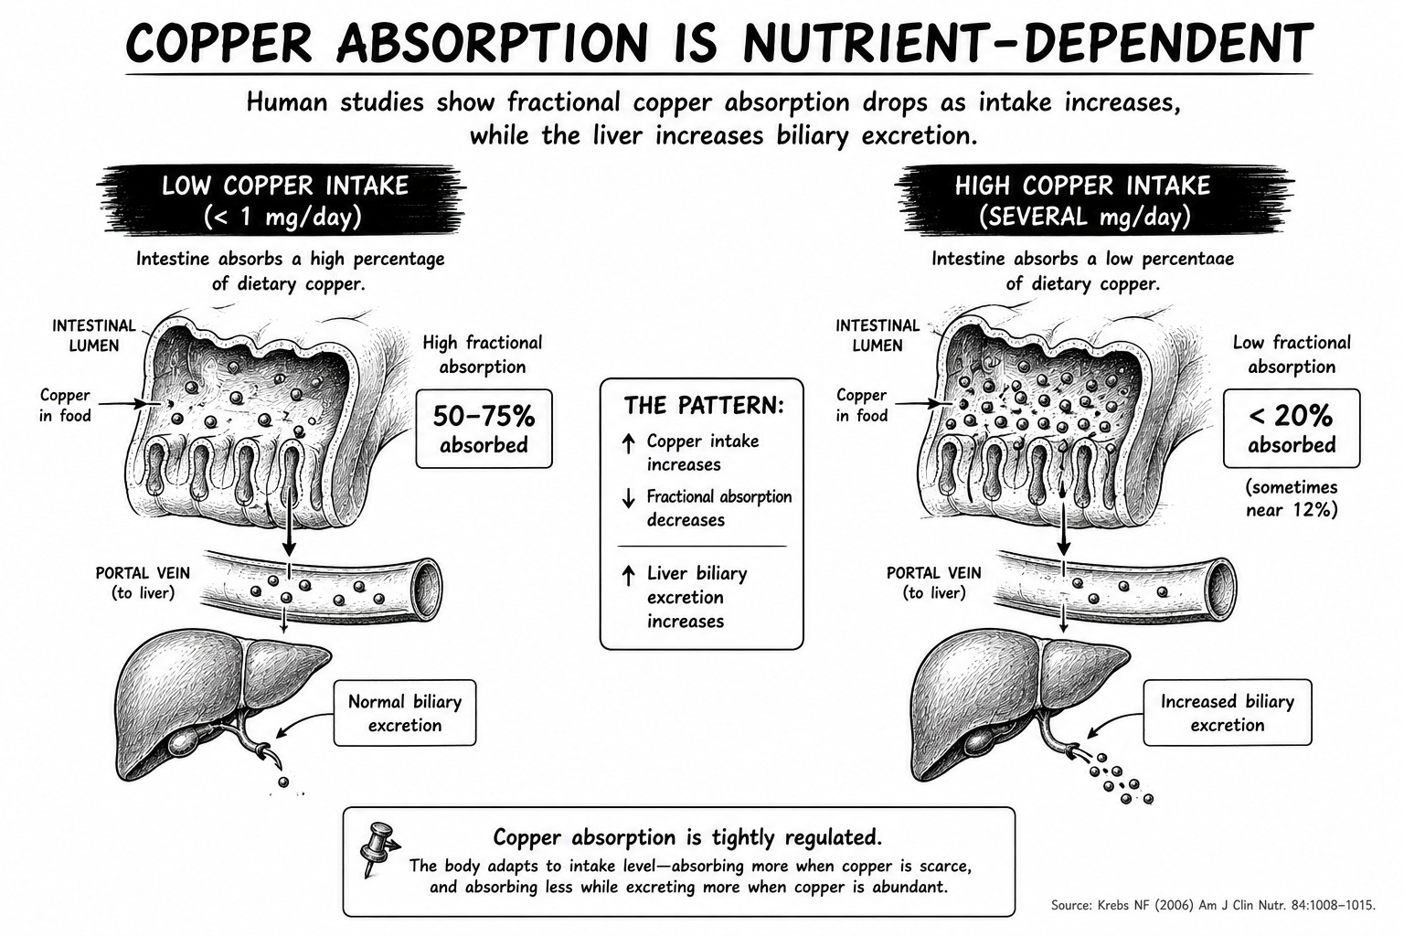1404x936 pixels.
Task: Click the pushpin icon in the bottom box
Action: (378, 847)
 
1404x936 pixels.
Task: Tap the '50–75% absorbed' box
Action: (484, 429)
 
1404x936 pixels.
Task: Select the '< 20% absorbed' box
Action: (1292, 429)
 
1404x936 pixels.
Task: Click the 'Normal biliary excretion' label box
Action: (405, 713)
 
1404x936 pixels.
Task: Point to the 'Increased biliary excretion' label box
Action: (1228, 713)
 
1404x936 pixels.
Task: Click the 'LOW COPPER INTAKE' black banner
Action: (282, 200)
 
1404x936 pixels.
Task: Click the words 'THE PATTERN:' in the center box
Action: (704, 406)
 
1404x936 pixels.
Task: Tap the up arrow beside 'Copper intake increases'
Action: (628, 443)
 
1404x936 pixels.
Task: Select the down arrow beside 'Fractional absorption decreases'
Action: (628, 498)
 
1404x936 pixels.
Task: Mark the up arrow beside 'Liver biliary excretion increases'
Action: (628, 576)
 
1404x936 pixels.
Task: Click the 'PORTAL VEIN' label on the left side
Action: (143, 573)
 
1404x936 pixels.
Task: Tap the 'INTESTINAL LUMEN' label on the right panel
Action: (877, 335)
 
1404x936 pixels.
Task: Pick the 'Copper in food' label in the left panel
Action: (65, 405)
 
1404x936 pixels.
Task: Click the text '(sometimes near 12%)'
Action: (1292, 498)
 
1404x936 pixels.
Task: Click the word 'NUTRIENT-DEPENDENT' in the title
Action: (1028, 43)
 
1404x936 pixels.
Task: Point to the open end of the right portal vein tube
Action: (1220, 590)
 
